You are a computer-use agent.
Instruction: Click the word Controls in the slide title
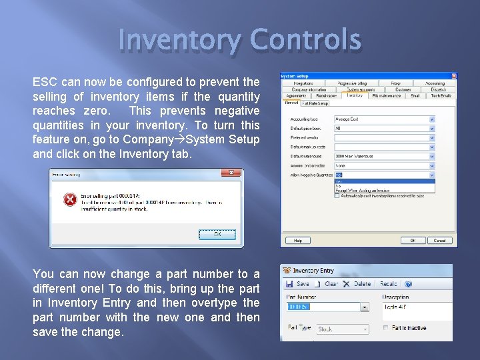[305, 41]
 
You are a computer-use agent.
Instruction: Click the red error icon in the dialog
[69, 199]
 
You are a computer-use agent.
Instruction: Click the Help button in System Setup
[297, 240]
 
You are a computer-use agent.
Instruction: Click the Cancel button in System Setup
[439, 240]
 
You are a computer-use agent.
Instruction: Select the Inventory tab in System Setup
[354, 95]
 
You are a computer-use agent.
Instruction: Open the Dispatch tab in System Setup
[438, 89]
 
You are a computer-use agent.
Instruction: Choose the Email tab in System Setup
[415, 95]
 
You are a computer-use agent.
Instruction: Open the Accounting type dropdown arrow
[431, 120]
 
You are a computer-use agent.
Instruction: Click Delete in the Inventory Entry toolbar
[358, 283]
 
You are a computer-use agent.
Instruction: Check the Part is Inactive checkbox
[386, 328]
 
